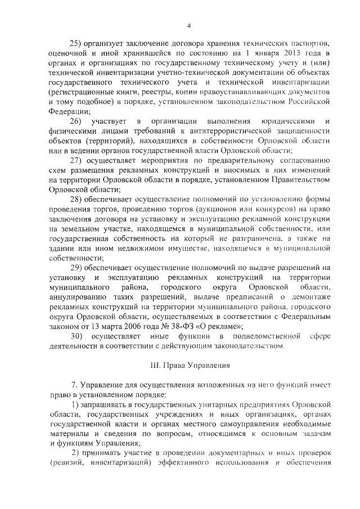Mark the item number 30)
click(76, 335)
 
